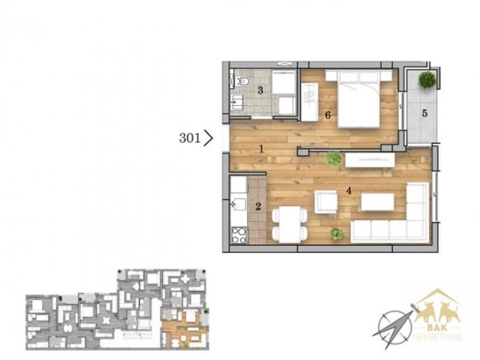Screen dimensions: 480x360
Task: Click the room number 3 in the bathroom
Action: click(x=261, y=90)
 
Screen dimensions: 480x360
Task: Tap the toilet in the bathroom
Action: click(x=243, y=81)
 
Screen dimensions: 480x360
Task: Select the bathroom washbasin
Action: click(x=238, y=102)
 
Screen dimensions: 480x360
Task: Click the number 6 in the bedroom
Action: click(x=328, y=115)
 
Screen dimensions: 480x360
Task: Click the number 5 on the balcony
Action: click(x=425, y=113)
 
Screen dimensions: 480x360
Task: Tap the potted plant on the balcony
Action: click(x=427, y=80)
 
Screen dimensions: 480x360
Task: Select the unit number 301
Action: click(x=190, y=138)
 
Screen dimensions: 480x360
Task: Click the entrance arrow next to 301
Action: click(x=208, y=138)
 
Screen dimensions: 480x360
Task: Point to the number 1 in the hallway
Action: click(x=261, y=149)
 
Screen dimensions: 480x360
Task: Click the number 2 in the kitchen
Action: click(x=258, y=206)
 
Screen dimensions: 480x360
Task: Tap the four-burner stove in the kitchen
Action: click(x=239, y=235)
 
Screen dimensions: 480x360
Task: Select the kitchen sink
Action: click(x=238, y=204)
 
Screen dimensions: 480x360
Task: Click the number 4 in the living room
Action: click(x=348, y=191)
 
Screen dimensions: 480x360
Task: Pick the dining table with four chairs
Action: click(x=289, y=224)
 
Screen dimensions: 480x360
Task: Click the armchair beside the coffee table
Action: click(x=326, y=202)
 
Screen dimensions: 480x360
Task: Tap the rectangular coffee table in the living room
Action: click(x=377, y=202)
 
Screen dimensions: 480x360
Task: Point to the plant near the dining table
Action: click(x=337, y=234)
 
